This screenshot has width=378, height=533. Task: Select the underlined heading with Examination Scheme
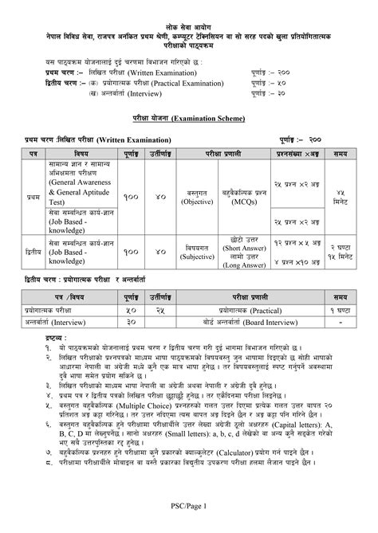pos(189,116)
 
